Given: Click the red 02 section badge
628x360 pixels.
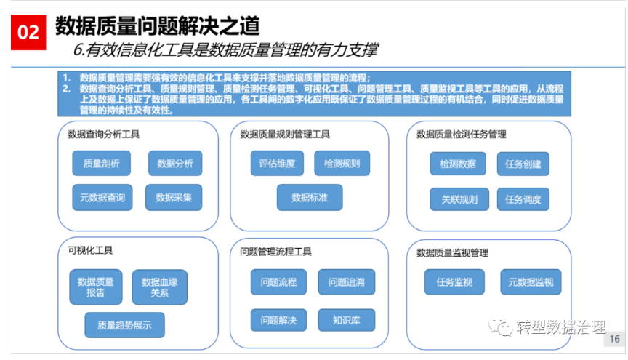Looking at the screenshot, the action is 28,33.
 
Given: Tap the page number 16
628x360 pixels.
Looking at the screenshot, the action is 614,339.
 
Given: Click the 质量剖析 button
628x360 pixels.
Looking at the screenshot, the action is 101,163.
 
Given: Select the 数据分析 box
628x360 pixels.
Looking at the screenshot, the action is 175,163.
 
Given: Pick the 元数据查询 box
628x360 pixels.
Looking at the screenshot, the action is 102,197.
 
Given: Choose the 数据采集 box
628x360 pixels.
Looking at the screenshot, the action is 174,197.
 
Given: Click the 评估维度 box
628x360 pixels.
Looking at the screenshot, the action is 277,163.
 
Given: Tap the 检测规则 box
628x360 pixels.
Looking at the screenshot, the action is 342,163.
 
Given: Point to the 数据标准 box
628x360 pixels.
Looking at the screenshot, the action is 310,197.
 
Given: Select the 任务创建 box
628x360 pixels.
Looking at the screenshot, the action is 523,164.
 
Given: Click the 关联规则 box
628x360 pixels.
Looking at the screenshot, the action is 459,199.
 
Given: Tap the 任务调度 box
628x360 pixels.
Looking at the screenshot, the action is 523,199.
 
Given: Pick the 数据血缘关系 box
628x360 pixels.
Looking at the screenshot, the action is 159,287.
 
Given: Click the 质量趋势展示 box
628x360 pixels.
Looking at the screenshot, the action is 124,325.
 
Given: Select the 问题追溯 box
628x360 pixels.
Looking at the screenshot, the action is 347,282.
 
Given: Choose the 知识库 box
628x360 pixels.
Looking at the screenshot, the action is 347,320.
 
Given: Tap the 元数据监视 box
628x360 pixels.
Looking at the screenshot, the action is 531,282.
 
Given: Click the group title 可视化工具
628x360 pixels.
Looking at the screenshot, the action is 90,250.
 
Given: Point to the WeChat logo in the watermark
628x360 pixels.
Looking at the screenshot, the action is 500,327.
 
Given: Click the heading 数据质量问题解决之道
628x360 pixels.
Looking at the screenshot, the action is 158,26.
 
